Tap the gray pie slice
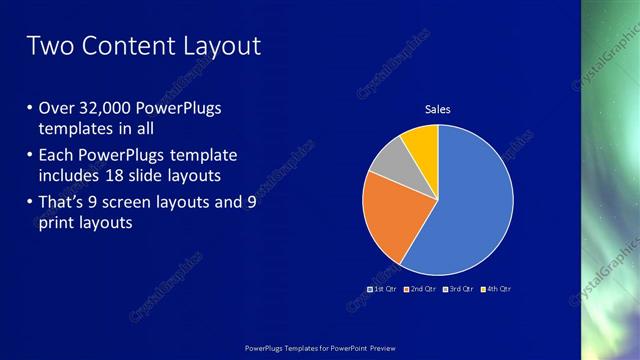point(390,159)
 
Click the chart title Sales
point(438,108)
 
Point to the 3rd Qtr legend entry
point(458,289)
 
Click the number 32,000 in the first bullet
point(104,108)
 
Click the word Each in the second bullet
point(56,156)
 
